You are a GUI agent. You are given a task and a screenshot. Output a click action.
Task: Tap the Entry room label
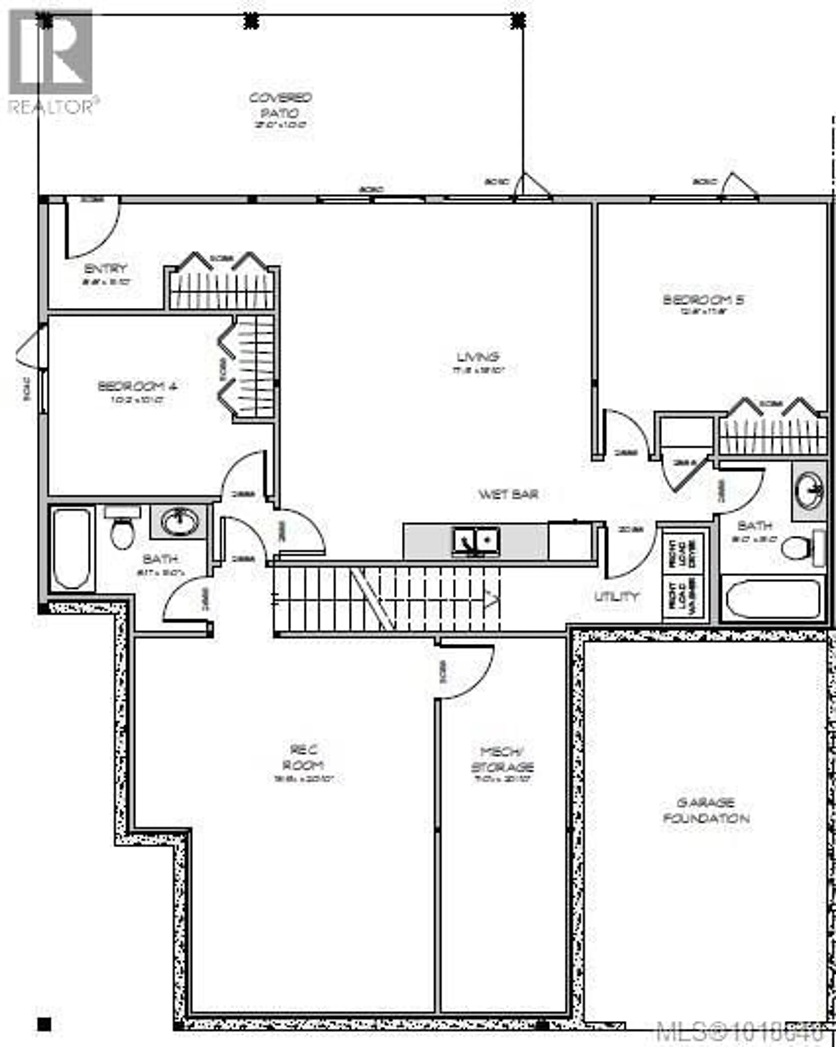(105, 268)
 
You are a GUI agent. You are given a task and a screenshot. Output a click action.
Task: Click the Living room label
(477, 357)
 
